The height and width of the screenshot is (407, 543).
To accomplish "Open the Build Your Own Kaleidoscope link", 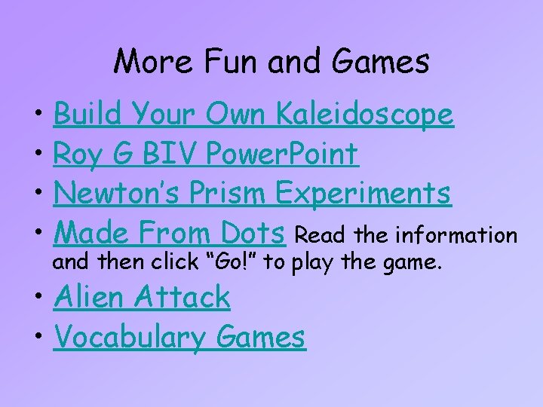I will pos(253,115).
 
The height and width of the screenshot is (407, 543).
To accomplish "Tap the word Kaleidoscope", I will pos(365,115).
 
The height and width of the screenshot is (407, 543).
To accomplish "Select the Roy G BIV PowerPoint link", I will pos(206,155).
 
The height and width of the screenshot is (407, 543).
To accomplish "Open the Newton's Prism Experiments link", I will pos(253,194).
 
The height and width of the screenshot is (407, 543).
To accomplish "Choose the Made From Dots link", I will pos(170,233).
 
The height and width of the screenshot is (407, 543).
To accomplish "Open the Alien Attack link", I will pos(142,297).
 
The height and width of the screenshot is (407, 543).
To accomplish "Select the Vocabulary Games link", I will pos(179,337).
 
